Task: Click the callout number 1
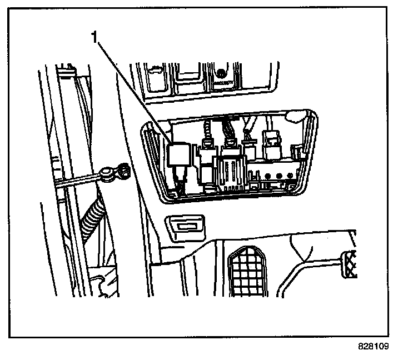click(x=96, y=38)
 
